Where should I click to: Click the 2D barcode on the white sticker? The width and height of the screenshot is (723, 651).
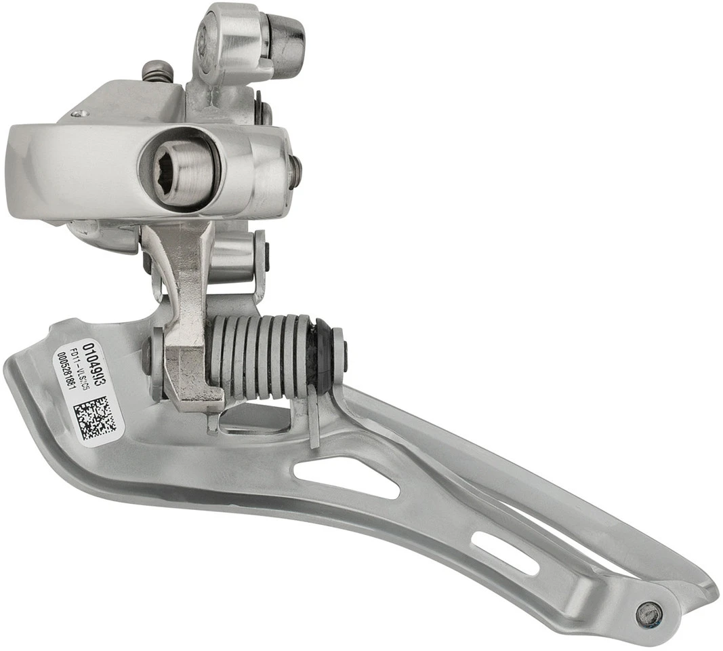pos(95,419)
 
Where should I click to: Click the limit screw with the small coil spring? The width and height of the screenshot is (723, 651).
pos(157,70)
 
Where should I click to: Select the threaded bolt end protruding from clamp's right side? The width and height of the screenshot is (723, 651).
pos(294,172)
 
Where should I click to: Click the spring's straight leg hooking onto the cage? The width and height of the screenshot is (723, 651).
pos(313,420)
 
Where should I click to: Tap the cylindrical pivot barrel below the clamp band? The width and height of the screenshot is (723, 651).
pos(234,258)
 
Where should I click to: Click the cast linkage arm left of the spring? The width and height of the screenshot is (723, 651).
pos(186,319)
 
